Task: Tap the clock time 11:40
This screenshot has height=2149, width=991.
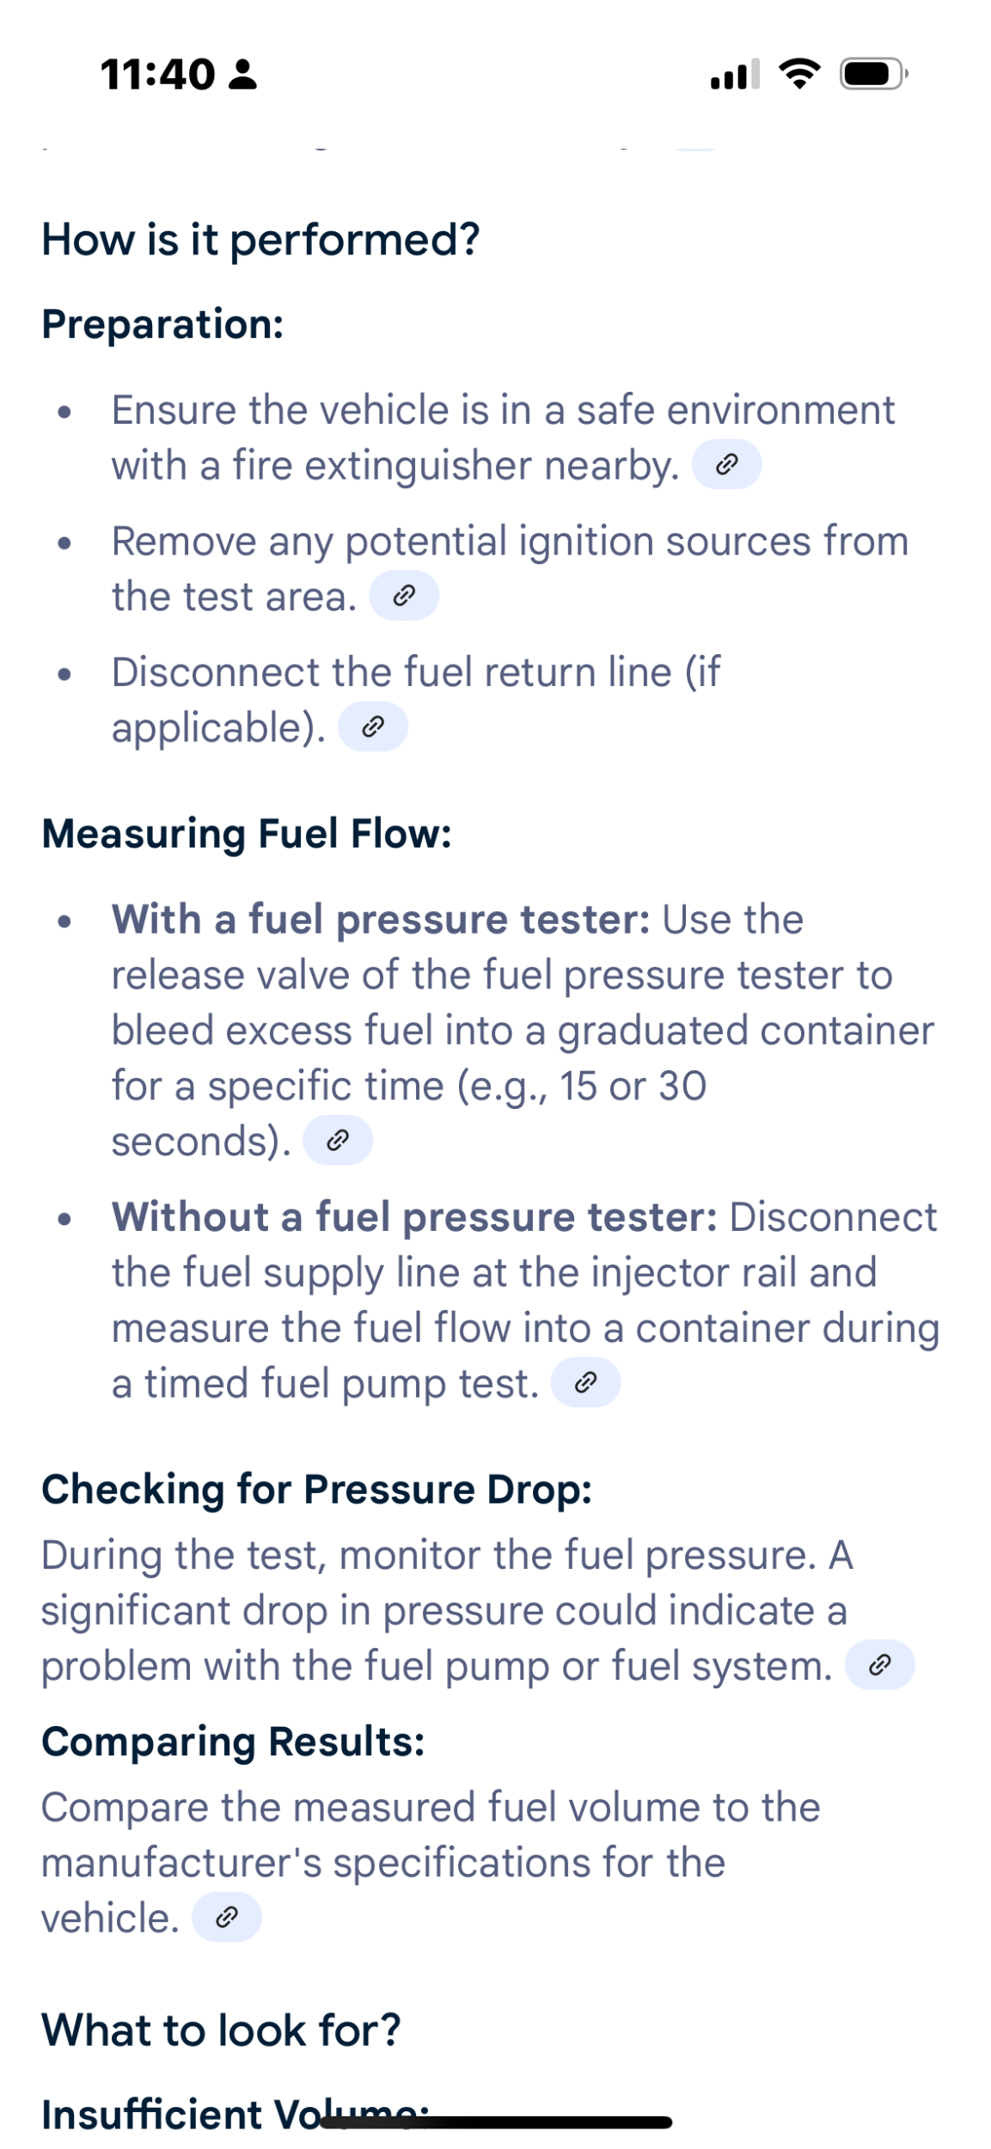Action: [157, 75]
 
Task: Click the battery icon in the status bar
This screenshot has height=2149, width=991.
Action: [873, 74]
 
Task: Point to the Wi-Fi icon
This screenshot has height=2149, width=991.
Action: [799, 74]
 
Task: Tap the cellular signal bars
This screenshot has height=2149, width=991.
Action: [735, 74]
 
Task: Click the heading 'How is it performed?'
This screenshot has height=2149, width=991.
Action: [260, 239]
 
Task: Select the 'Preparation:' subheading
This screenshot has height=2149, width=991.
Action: [162, 324]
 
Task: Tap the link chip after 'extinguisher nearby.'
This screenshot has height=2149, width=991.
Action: [726, 464]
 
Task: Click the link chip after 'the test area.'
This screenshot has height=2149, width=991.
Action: [404, 596]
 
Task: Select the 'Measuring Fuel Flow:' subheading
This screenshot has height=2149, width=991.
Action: [247, 834]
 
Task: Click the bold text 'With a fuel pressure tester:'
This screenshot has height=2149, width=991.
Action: [381, 920]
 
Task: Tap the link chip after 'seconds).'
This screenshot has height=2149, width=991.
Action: [338, 1141]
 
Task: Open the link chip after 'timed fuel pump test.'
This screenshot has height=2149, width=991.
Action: [585, 1382]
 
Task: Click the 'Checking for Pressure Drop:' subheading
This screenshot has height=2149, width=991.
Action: [317, 1490]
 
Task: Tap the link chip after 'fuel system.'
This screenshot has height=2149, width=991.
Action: [879, 1665]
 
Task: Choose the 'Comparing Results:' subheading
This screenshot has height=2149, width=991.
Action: [234, 1742]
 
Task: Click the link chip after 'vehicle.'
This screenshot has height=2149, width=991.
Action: [226, 1917]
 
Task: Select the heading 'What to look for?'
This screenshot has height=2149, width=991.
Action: [222, 2030]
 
